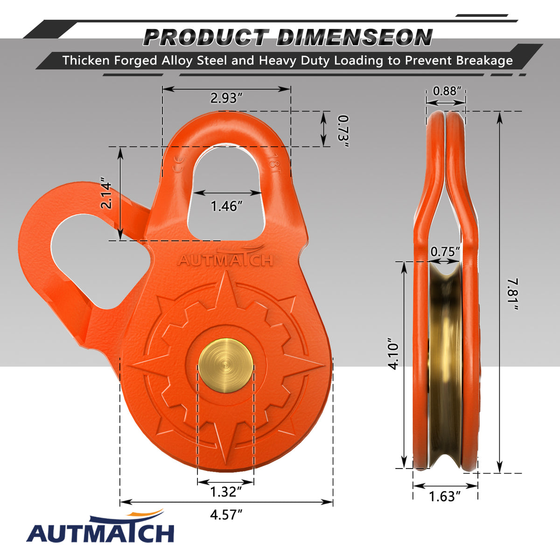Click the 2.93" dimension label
point(226,98)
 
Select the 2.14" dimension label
point(106,195)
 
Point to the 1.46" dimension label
point(227,206)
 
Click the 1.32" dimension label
point(226,492)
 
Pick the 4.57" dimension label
point(226,515)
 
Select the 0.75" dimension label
point(445,252)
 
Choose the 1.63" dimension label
point(445,496)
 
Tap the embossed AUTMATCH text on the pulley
point(225,260)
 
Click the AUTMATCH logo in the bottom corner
point(100,530)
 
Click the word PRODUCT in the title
point(206,37)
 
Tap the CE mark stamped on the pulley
point(177,165)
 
